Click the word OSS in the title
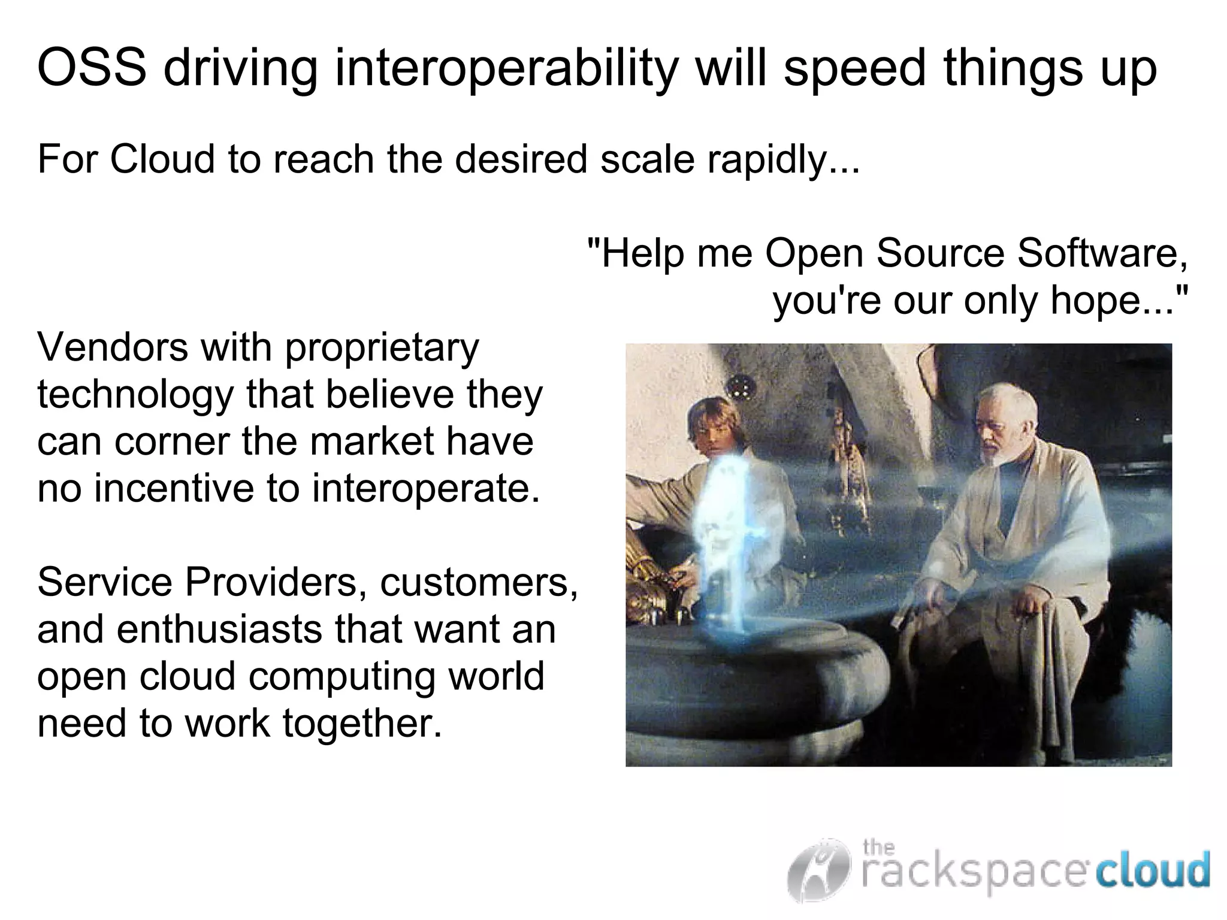point(92,68)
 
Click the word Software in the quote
point(1102,253)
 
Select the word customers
point(479,582)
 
